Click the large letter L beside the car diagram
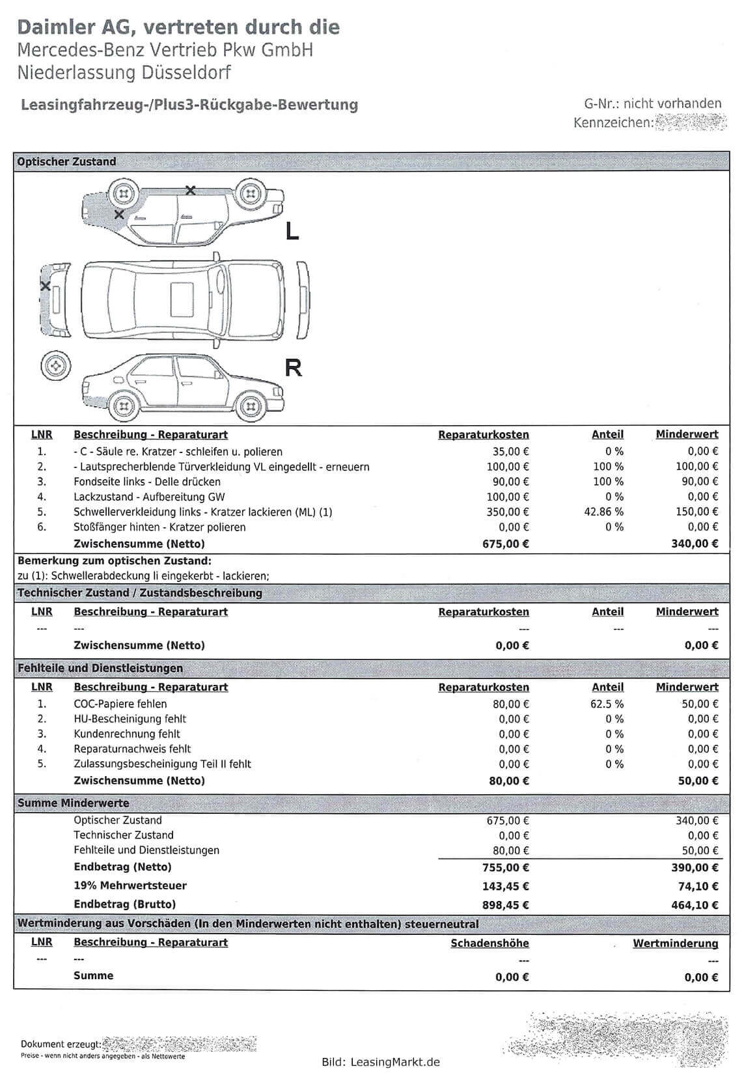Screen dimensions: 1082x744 [292, 230]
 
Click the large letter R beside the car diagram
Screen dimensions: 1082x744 [294, 368]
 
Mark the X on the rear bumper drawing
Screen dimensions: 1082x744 [45, 286]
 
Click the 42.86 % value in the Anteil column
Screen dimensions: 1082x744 [604, 512]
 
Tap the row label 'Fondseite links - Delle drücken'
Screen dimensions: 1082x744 [147, 482]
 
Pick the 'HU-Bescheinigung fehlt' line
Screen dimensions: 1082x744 [130, 719]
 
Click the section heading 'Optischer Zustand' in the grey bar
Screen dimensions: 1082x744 [66, 161]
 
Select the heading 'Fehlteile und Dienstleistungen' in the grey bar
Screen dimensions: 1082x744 [100, 668]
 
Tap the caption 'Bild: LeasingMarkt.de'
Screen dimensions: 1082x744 [381, 1062]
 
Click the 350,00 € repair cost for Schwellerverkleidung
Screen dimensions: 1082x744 [508, 512]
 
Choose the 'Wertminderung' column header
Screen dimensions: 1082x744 [676, 943]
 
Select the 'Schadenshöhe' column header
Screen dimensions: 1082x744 [489, 943]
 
